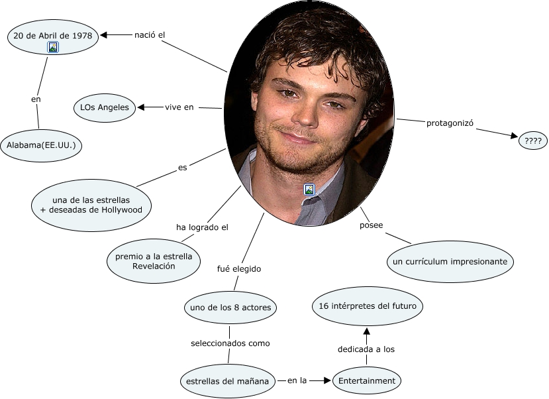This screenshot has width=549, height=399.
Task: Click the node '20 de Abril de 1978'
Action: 53,34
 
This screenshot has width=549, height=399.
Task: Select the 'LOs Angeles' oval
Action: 105,107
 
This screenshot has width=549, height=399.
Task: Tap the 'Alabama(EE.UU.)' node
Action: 41,144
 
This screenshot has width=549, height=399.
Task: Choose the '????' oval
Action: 533,141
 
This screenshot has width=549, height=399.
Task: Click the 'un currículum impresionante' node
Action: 450,262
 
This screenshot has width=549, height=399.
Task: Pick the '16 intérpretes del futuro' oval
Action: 367,306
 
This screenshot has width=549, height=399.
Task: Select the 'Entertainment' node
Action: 366,380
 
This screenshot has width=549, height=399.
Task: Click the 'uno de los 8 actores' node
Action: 229,308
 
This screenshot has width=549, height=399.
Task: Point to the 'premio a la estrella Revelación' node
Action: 153,261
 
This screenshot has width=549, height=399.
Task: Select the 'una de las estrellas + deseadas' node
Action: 91,205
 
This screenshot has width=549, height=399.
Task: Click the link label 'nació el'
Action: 149,34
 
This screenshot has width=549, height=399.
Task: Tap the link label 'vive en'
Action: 179,107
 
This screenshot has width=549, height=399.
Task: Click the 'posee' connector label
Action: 371,225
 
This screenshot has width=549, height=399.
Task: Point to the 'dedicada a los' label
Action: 366,349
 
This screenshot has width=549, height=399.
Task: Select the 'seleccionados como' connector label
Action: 230,343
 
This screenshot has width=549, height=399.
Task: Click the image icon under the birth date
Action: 53,46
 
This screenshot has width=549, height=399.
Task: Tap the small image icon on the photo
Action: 309,190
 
